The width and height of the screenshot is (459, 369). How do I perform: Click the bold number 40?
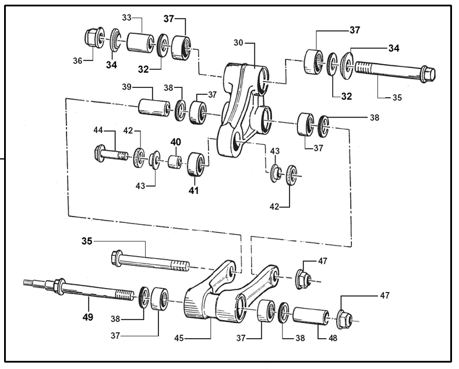click(175, 141)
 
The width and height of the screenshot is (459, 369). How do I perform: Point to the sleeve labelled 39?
click(153, 107)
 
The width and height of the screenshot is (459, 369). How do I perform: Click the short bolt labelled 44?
click(111, 155)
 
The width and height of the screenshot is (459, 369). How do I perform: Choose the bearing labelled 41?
click(196, 164)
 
